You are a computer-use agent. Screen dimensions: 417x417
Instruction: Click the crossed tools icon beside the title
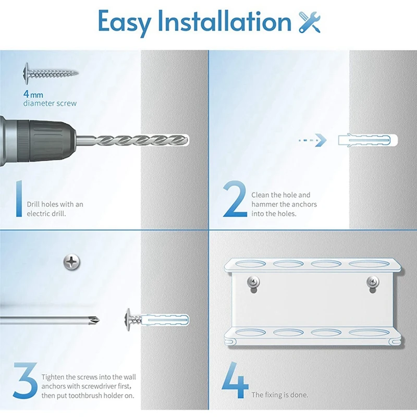pos(310,22)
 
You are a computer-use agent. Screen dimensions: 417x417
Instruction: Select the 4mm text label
pos(33,94)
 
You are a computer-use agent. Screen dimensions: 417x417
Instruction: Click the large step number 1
pos(19,199)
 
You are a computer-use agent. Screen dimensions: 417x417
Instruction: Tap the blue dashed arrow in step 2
pos(312,140)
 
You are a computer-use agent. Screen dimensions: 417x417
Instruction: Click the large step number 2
pos(235,199)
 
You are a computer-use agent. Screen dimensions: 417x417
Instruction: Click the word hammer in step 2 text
pos(264,204)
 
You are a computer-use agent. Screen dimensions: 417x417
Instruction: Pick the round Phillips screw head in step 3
pos(72,262)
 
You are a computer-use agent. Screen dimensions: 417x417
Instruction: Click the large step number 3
pos(25,381)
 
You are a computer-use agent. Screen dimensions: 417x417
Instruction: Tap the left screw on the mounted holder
pos(253,281)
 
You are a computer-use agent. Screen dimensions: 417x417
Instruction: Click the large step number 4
pos(235,381)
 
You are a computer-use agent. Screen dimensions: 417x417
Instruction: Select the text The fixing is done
pos(280,395)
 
